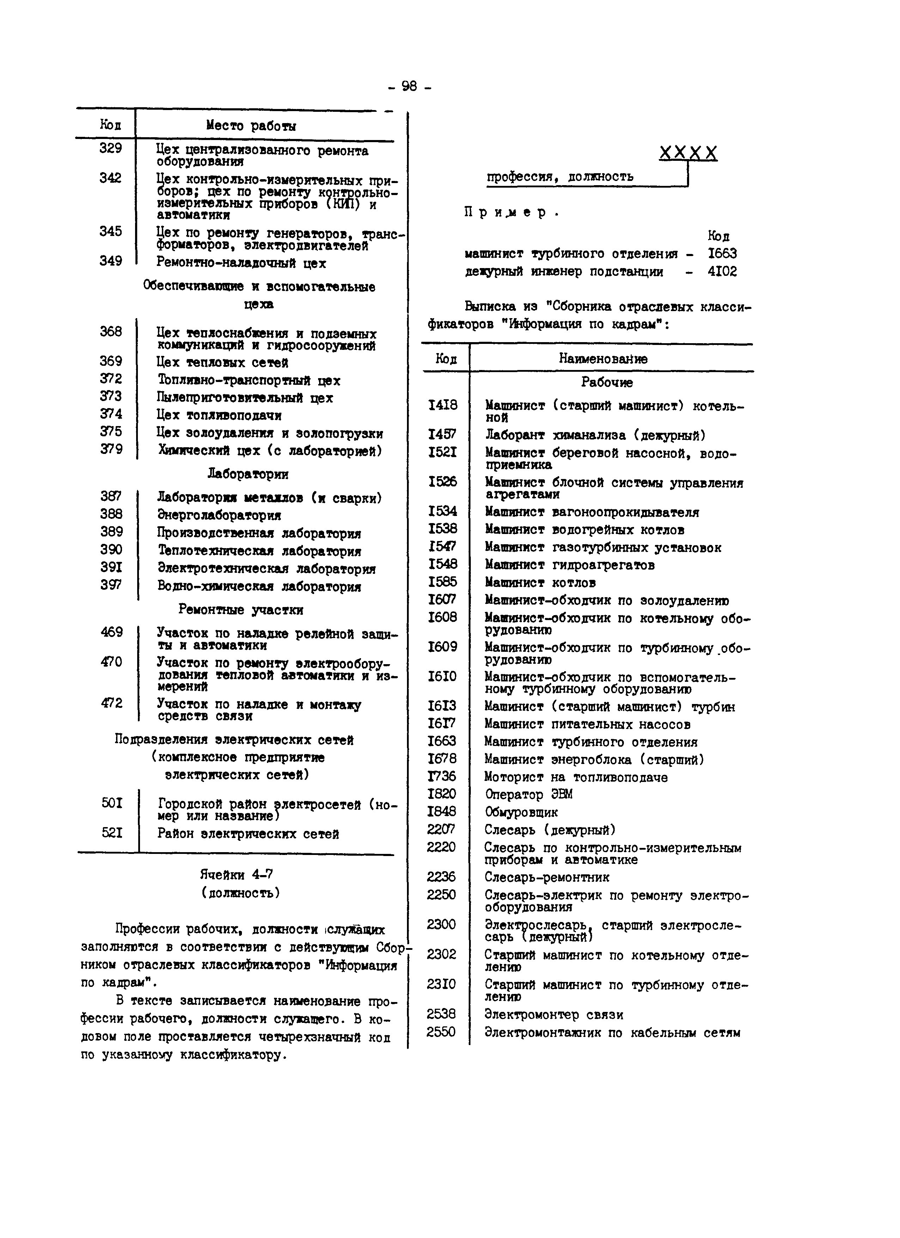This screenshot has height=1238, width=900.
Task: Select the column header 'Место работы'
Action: click(251, 126)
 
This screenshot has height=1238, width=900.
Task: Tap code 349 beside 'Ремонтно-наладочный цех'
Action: click(111, 261)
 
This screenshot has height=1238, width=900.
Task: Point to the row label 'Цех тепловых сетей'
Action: click(222, 363)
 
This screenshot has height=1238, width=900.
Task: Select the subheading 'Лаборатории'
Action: click(248, 474)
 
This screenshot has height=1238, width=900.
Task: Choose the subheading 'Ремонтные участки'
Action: click(241, 610)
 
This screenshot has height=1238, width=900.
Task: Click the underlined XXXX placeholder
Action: click(688, 153)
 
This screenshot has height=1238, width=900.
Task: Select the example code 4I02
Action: click(722, 271)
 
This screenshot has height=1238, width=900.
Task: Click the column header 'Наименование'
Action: click(603, 359)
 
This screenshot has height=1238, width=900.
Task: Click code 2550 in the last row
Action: click(441, 1032)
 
